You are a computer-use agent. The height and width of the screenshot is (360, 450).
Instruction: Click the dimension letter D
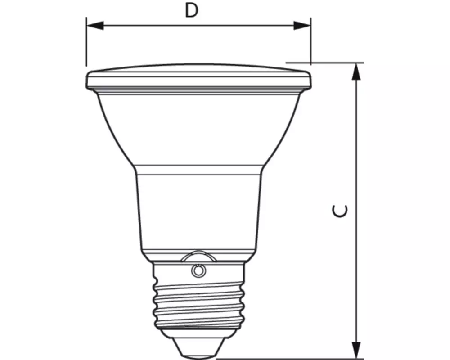[x=192, y=11]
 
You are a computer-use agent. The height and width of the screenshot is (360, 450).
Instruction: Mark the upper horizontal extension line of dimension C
[x=324, y=63]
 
